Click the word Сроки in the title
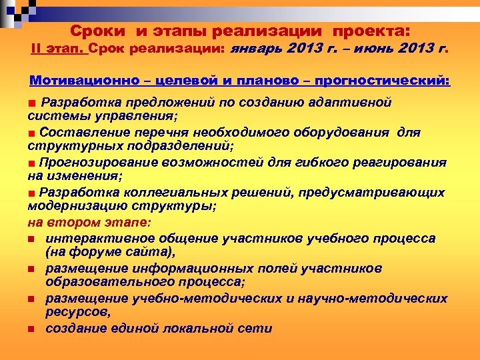tap(97, 31)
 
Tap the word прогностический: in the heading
tap(389, 81)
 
